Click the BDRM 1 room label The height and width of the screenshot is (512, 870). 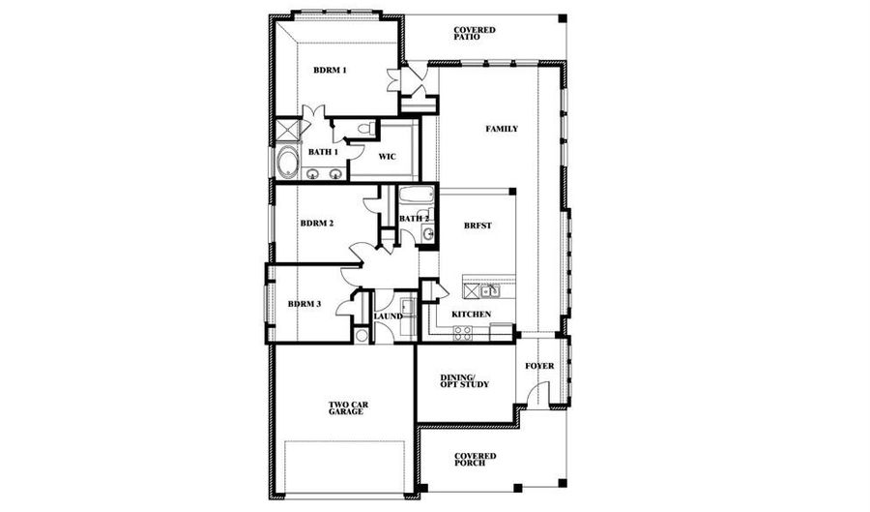330,71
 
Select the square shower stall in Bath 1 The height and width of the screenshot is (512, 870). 287,130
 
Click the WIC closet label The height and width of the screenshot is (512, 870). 388,157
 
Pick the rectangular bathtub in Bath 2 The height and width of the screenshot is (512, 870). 416,196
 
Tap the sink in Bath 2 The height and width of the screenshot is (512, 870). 428,234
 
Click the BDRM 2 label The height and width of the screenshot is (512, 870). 317,224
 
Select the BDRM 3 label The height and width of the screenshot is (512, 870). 304,304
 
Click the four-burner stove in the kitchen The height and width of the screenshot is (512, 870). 463,333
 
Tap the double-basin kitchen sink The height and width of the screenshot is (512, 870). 490,290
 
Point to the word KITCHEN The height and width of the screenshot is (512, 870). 471,315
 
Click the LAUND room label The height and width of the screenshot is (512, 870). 388,316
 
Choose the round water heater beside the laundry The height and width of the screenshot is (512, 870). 362,336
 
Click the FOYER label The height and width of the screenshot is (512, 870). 539,366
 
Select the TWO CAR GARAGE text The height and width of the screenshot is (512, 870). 348,408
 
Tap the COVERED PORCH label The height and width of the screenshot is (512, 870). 475,460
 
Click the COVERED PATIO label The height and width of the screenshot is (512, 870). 475,33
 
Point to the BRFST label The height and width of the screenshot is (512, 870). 478,226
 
